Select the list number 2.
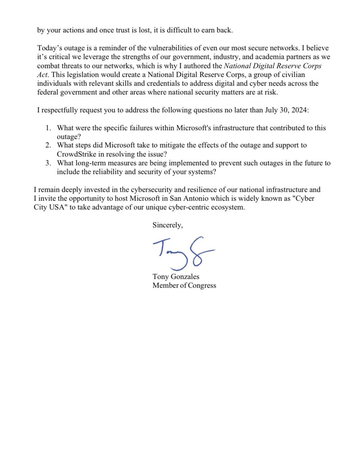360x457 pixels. pos(49,145)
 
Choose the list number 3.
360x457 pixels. pos(49,163)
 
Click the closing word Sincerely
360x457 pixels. pos(168,225)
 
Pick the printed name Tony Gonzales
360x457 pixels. pos(176,277)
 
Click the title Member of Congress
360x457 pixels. pos(184,285)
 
